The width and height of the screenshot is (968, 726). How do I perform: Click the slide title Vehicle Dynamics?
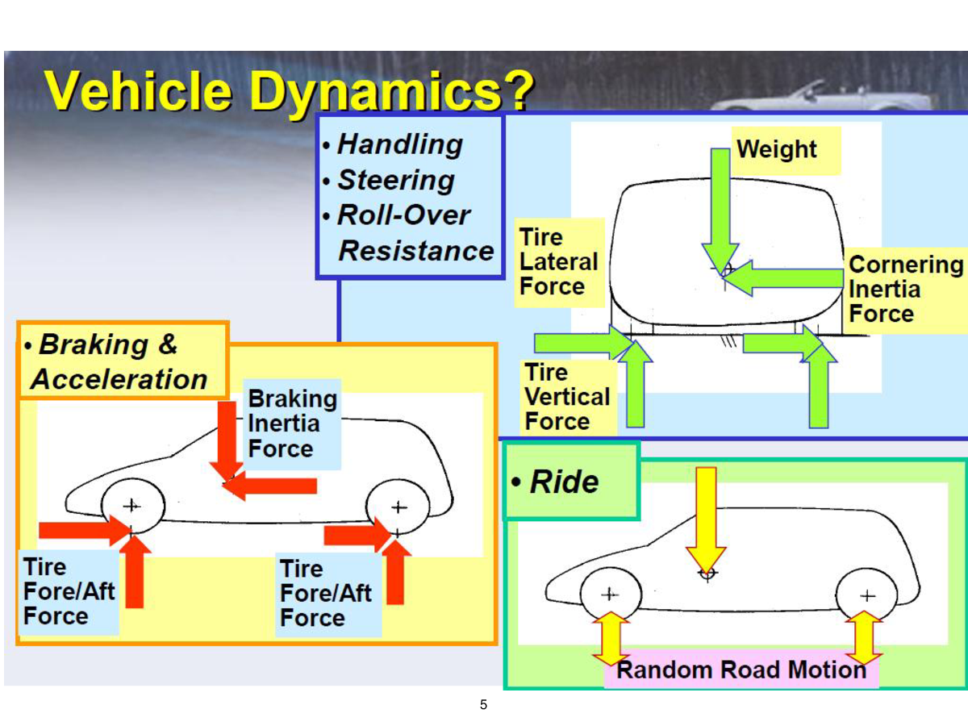[290, 92]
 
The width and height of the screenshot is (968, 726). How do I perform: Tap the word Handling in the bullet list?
[400, 144]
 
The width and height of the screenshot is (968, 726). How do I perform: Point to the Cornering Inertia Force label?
[906, 289]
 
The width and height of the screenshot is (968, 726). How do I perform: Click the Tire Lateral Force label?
[559, 262]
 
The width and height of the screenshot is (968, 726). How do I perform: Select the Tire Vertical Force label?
[567, 397]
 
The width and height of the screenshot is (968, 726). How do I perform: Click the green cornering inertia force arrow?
[783, 278]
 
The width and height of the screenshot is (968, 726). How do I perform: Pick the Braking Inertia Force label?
[292, 423]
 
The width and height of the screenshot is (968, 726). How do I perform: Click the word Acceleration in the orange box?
[119, 379]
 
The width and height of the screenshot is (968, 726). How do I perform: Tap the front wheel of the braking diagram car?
[132, 507]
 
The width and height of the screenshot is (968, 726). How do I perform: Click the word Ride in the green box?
[564, 482]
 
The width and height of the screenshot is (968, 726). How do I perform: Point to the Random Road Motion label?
[741, 670]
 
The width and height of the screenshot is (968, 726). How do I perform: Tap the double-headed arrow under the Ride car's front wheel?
[611, 638]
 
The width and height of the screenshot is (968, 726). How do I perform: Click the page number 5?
[484, 705]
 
